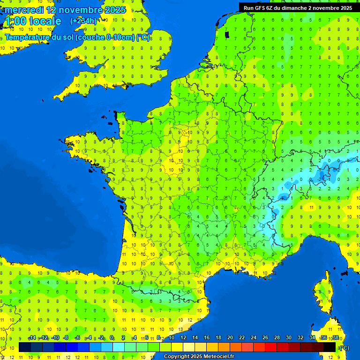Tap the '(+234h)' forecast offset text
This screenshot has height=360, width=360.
click(83, 21)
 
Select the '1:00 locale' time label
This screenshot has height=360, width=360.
click(33, 21)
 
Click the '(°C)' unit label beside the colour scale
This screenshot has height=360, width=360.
click(344, 347)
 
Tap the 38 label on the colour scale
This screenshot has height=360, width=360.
click(335, 338)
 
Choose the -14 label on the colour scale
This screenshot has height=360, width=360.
click(32, 338)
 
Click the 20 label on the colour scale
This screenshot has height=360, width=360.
click(230, 338)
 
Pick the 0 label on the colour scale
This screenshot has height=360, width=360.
click(112, 338)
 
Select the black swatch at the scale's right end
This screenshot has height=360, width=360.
click(330, 347)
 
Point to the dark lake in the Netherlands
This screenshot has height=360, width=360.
click(227, 34)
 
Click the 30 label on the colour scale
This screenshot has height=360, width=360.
click(288, 338)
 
